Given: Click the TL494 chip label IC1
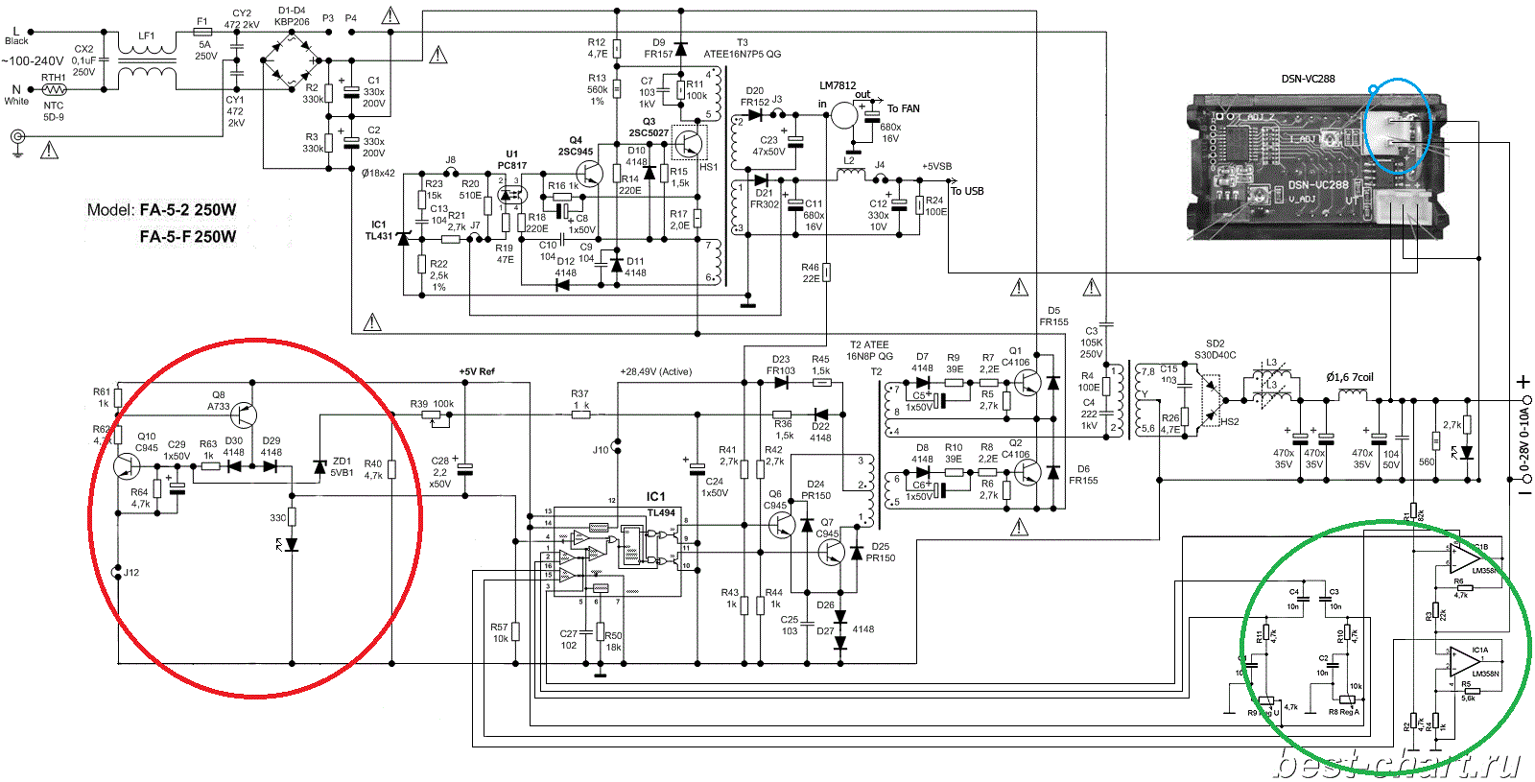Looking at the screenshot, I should pyautogui.click(x=655, y=496).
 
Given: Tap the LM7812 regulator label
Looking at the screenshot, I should pyautogui.click(x=838, y=85).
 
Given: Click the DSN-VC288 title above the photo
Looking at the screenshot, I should pyautogui.click(x=1308, y=79).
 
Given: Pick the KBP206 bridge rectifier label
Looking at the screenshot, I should pyautogui.click(x=292, y=21).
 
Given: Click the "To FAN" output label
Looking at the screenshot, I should pyautogui.click(x=903, y=108).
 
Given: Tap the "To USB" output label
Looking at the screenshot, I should pyautogui.click(x=967, y=191).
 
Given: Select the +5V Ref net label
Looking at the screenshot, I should pyautogui.click(x=477, y=371).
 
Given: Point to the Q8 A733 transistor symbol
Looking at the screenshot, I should pyautogui.click(x=245, y=415).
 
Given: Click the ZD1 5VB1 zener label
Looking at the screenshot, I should pyautogui.click(x=342, y=466).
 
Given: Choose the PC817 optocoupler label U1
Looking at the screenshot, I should pyautogui.click(x=511, y=165).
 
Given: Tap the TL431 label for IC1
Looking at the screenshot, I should pyautogui.click(x=378, y=236).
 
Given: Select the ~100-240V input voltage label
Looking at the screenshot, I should pyautogui.click(x=33, y=60).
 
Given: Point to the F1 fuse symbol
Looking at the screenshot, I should pyautogui.click(x=202, y=32).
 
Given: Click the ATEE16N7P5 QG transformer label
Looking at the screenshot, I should pyautogui.click(x=742, y=55).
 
